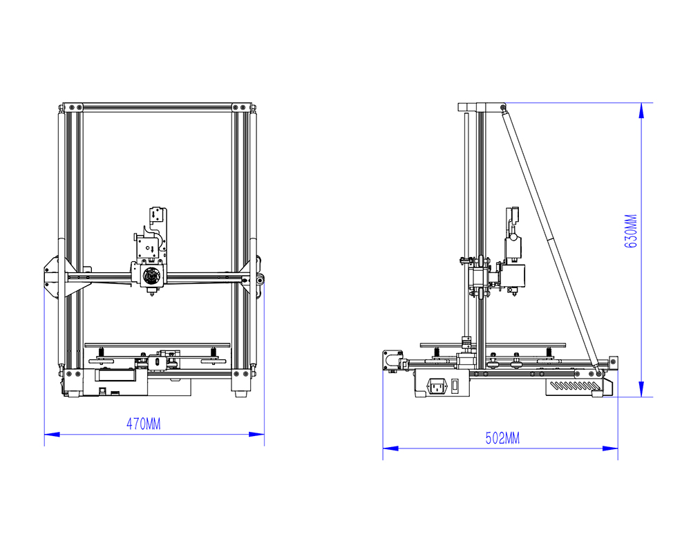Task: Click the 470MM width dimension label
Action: [x=144, y=424]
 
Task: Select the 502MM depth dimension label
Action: [x=502, y=438]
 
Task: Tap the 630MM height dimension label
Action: [x=631, y=231]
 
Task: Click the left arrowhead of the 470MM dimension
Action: [x=52, y=434]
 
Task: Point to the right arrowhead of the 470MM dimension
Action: [x=256, y=434]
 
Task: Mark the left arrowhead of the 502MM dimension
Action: [x=390, y=448]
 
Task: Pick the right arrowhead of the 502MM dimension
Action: [x=610, y=448]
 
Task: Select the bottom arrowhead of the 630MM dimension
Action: [x=641, y=389]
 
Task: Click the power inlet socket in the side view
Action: [x=437, y=386]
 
